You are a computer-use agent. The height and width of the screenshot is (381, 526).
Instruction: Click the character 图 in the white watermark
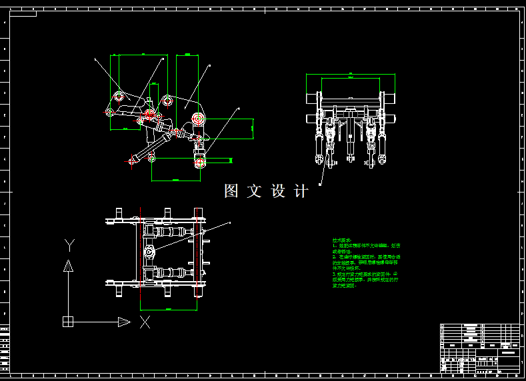tap(231, 191)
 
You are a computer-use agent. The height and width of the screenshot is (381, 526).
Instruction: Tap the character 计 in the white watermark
tap(301, 191)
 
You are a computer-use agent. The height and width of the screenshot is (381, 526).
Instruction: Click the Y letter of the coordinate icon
tap(68, 243)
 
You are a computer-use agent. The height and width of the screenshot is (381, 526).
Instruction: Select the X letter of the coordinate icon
tap(145, 322)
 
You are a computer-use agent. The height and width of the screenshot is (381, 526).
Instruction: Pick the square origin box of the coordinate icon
tap(68, 322)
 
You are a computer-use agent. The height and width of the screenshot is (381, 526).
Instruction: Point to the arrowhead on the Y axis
tap(68, 266)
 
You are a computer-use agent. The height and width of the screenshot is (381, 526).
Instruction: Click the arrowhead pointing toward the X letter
tap(124, 322)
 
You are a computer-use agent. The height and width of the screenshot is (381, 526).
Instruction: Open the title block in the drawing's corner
tap(479, 347)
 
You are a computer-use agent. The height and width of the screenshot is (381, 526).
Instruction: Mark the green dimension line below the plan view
tap(169, 309)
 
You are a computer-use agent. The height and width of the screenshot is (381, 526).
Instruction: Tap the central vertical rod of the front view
tap(349, 137)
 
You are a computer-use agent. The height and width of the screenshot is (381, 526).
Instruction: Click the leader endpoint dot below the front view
tap(321, 183)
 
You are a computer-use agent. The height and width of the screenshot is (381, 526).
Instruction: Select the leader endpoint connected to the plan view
tap(229, 222)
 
